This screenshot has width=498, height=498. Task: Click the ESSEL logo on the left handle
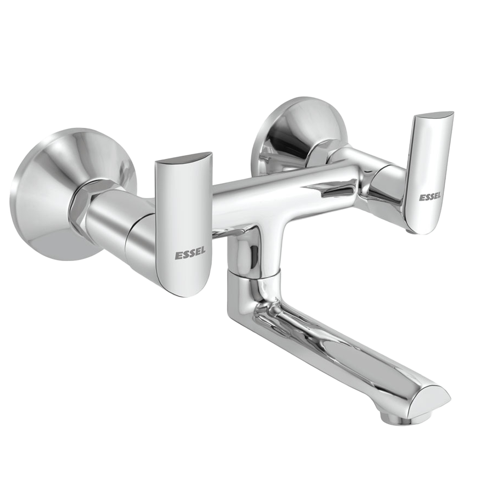click(190, 255)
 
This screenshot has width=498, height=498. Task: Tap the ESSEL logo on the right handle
click(430, 197)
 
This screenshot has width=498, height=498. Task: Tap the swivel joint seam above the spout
click(254, 274)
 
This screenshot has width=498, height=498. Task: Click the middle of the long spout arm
click(339, 349)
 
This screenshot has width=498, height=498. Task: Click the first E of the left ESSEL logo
click(177, 255)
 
